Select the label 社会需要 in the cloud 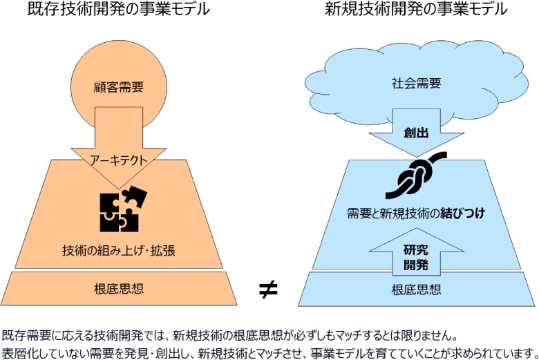417,84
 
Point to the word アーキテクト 119,159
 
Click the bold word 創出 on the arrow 417,133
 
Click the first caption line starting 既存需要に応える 229,336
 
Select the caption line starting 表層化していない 269,352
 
